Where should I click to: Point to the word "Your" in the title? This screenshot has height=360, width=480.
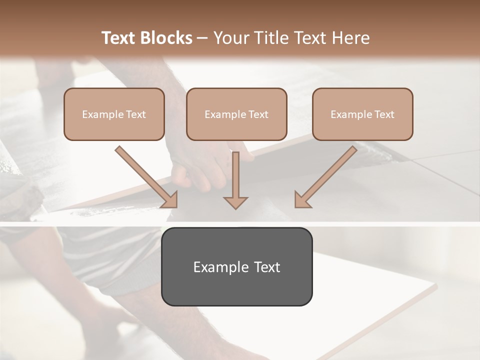[230, 38]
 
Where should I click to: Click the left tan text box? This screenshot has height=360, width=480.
[114, 114]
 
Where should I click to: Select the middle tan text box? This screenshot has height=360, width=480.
[236, 114]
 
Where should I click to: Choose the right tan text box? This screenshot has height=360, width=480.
[362, 114]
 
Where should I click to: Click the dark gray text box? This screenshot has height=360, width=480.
[236, 266]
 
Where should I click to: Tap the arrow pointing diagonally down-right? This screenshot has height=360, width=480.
[145, 175]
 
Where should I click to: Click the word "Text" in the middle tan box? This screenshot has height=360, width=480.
[258, 114]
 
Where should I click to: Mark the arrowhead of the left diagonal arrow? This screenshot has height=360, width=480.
[170, 199]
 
